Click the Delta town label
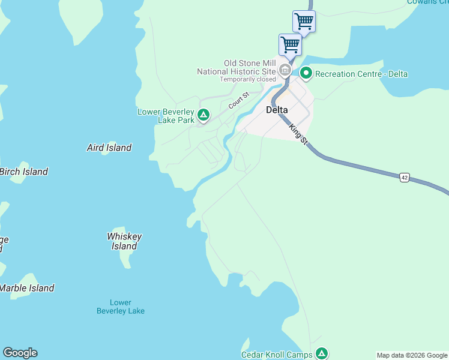pos(277,110)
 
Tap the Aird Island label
pos(109,148)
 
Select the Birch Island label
pos(23,172)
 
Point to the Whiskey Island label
pos(124,241)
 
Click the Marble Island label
pos(27,288)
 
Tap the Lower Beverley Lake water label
pos(121,307)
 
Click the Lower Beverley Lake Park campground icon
pos(203,115)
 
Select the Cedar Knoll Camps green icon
pos(322,353)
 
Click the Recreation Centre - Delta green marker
pos(306,74)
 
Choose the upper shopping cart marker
pos(304,21)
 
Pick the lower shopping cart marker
pos(290,44)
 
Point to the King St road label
pos(298,133)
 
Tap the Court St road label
pos(238,100)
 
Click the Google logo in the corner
pos(20,353)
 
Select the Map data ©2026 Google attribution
pos(412,355)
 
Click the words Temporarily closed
pos(247,79)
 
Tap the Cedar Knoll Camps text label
pos(277,355)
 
